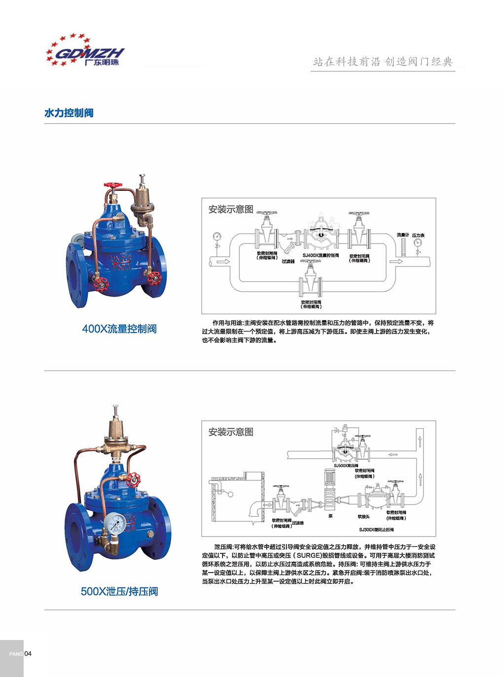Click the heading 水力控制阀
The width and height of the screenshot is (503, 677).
coord(69,113)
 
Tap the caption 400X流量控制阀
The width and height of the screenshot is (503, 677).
coord(119,329)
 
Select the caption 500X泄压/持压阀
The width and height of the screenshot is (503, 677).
coord(119,591)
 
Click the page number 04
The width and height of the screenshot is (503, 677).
coord(28,654)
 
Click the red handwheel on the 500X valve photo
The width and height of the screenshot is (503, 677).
coord(133,479)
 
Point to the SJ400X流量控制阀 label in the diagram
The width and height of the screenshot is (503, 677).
coord(321,255)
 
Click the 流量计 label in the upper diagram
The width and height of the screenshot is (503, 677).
coord(403,235)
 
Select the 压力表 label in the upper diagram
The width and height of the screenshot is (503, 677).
coord(418,235)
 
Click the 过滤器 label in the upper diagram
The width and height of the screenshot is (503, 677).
coord(288,261)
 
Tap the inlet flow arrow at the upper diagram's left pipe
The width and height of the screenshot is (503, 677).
coord(223,261)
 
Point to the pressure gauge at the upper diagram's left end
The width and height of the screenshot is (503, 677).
coord(216,237)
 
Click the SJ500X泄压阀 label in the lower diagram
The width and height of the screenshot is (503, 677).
coord(346,466)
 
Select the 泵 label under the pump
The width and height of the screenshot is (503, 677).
coord(330,516)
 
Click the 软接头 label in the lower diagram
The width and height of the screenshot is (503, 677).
coord(364,516)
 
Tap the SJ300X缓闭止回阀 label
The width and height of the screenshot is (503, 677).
coord(376,530)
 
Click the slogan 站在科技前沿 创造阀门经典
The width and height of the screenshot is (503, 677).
coord(383,62)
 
